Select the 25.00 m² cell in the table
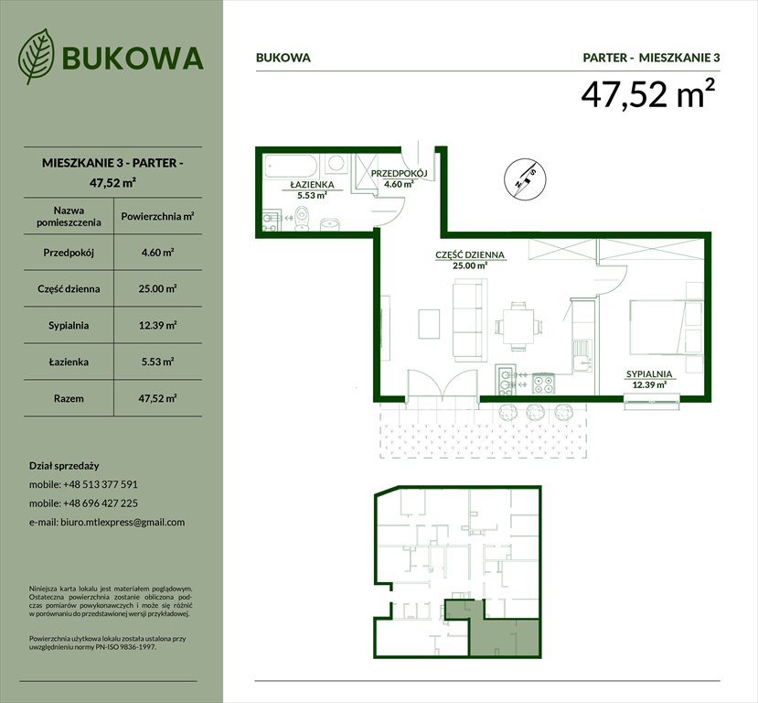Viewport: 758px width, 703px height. (x=156, y=288)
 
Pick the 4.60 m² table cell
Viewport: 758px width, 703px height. (x=156, y=252)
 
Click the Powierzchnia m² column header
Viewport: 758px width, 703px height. (x=156, y=217)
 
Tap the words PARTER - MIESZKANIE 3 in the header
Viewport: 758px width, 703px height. (x=651, y=58)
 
